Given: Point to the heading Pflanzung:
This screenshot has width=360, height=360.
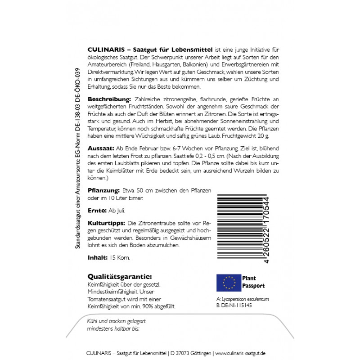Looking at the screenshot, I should (x=103, y=191).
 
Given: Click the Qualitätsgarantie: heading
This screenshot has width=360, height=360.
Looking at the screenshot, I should (x=119, y=276).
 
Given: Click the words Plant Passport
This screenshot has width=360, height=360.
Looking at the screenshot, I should (x=253, y=282).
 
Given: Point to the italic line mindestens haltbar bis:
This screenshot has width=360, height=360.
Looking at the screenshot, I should (x=114, y=328).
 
